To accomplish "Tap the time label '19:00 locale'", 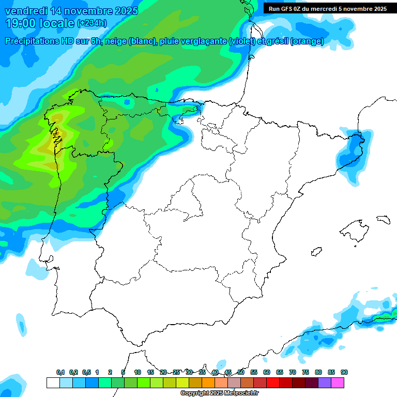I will coord(39,23).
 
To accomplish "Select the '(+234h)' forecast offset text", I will coord(92,23).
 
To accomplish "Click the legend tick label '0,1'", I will coord(60,372).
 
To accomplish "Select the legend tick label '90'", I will coord(344,372).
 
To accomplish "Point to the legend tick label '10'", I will coord(138,372).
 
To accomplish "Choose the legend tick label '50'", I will coord(241,372).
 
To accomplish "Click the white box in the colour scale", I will coord(53,383).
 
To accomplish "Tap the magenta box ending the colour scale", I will coord(338,383).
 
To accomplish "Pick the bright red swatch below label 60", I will coord(272,383).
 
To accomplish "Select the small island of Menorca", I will coord(383,219).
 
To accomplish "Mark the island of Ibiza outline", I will coord(316,252).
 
